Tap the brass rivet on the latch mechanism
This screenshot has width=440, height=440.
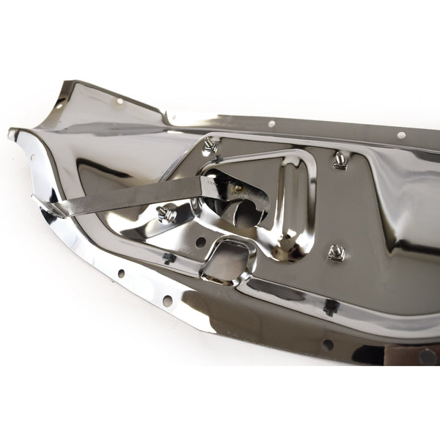(237, 188)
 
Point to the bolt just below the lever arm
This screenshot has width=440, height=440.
(166, 214)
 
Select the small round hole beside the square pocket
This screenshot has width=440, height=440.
(200, 241)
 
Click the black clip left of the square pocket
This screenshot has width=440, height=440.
(169, 257)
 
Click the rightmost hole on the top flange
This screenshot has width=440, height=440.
(401, 136)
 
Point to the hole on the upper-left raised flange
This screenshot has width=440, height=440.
(117, 102)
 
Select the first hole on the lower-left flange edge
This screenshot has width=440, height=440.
(121, 274)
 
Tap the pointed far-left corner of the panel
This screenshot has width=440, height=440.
(11, 133)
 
